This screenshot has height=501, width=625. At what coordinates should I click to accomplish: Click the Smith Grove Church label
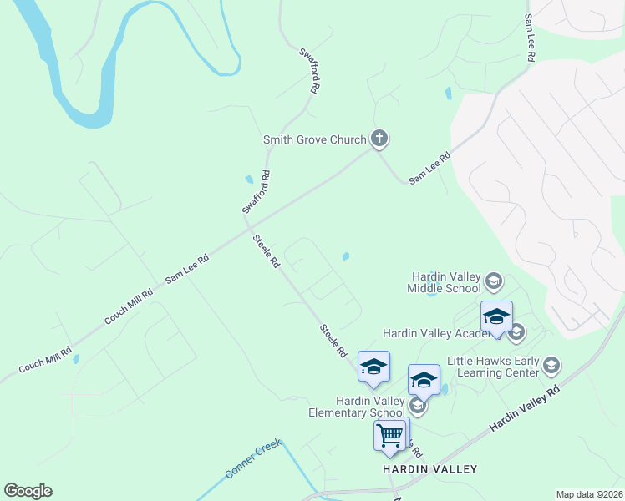click(314, 139)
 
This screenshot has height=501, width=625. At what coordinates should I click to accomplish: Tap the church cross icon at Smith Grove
click(379, 138)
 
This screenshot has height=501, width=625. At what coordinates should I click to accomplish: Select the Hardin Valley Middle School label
click(445, 282)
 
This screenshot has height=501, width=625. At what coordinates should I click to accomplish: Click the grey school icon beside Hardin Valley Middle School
click(493, 281)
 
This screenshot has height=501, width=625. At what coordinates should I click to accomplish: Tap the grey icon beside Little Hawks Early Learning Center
click(551, 365)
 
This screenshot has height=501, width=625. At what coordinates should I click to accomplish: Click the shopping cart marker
click(390, 435)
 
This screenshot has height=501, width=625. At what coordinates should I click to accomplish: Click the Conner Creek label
click(254, 459)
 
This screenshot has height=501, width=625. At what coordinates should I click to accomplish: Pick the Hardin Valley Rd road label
click(525, 407)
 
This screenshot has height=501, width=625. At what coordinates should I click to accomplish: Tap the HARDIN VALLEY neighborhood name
click(429, 469)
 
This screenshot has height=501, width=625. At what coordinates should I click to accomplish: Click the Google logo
click(28, 491)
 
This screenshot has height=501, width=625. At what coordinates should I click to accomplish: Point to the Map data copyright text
click(589, 494)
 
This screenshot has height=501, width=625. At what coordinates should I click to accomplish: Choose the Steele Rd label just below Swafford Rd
click(267, 250)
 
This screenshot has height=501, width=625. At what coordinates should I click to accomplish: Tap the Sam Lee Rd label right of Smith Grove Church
click(429, 168)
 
